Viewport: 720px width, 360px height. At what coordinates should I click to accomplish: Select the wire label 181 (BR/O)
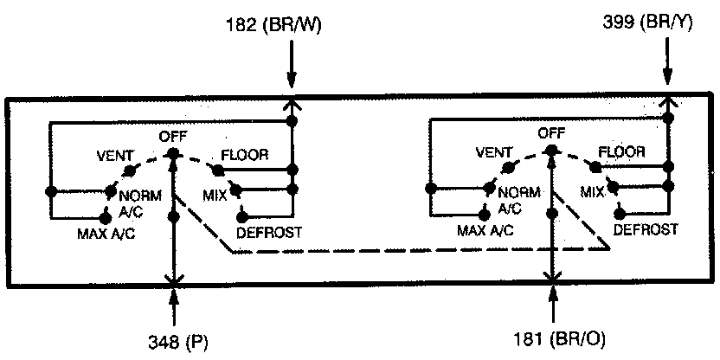click(x=552, y=340)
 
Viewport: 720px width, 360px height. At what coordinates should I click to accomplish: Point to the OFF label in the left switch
click(x=173, y=136)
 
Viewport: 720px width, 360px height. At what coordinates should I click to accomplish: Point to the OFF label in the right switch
click(x=551, y=133)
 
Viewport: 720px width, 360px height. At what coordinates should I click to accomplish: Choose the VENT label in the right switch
click(x=493, y=154)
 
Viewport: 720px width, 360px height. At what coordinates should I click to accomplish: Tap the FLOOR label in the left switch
click(x=245, y=155)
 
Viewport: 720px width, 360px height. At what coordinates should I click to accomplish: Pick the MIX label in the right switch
click(x=592, y=191)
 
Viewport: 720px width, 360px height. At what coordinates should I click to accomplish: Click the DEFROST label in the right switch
click(x=645, y=229)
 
